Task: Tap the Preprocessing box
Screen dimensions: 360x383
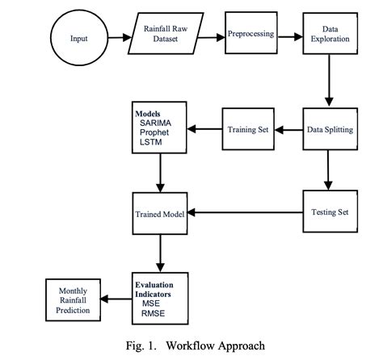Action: (250, 35)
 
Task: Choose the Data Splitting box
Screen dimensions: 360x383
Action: (329, 128)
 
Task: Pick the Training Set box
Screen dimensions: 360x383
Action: (249, 128)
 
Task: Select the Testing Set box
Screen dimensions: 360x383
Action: (329, 212)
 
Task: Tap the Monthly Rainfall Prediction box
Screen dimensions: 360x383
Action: (72, 299)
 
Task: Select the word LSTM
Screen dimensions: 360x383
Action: (151, 143)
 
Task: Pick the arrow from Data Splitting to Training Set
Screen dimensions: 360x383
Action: (288, 129)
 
